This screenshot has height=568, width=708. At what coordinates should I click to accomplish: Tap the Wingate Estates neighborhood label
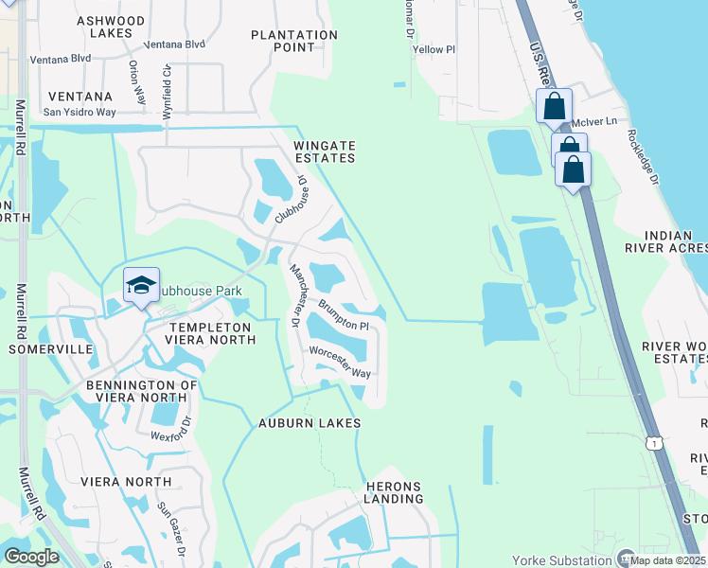324,151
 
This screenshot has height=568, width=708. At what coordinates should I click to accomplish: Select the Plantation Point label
294,41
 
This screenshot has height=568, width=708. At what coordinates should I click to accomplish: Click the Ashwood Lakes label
111,27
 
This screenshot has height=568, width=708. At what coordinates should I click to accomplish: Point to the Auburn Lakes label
310,423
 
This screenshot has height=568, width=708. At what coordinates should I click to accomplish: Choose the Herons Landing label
393,492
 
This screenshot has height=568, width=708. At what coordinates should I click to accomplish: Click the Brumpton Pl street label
343,315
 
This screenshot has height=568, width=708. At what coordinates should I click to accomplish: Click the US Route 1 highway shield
652,442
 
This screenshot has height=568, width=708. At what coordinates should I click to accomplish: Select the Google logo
31,556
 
